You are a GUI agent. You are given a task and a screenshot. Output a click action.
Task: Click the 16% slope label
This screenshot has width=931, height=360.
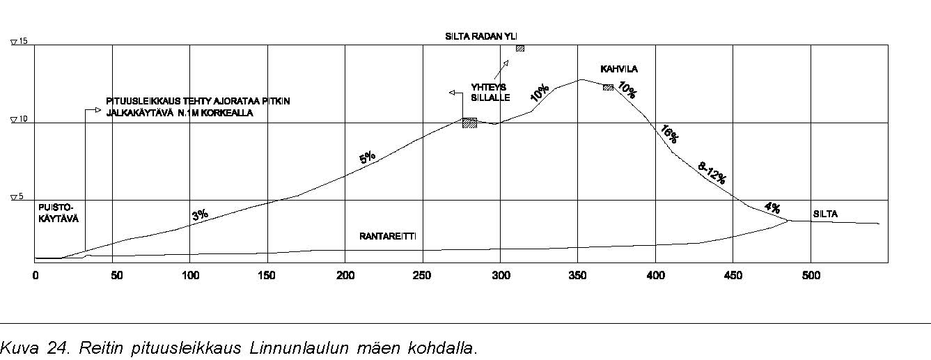coord(668,134)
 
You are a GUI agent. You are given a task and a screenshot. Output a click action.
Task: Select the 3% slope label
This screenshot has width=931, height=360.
coord(201,215)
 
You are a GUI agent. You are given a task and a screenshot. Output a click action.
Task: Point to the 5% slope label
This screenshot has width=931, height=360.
coord(368,158)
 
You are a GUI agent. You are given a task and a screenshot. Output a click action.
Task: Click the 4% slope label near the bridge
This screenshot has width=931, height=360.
coord(772,208)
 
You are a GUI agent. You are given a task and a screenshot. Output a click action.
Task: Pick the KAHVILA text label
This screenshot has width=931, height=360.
coord(619,69)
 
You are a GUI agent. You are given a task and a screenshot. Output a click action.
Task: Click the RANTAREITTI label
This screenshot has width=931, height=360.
coord(388,236)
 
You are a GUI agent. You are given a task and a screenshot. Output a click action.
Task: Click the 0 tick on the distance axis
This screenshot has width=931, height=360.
coord(36,275)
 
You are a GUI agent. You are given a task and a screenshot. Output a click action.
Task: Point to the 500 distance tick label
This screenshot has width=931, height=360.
coord(811,275)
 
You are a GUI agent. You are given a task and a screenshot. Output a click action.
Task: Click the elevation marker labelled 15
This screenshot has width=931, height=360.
coord(19,42)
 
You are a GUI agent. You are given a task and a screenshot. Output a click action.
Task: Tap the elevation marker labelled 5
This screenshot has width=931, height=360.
coord(19,198)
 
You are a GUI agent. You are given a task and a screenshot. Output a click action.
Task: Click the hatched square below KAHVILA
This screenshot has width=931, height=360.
coord(608,87)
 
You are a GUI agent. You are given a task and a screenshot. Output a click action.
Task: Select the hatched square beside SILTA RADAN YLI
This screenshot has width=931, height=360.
coord(519,48)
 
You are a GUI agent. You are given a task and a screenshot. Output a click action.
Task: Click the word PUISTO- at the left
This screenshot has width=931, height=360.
coord(56,208)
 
